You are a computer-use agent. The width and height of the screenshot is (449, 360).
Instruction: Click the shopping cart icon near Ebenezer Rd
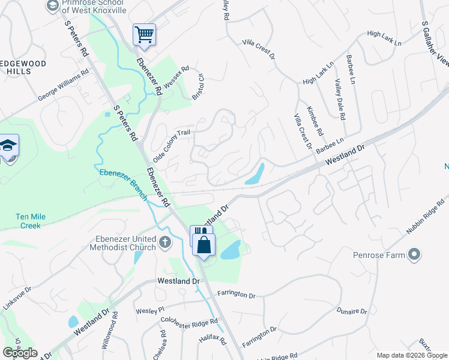[144, 34]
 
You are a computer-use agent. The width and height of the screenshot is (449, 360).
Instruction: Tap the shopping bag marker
[204, 244]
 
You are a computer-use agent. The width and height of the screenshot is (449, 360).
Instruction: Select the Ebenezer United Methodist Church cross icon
[165, 243]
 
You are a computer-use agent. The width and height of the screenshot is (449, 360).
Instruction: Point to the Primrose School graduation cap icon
[53, 5]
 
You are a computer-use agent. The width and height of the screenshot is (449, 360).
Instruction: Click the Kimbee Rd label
[315, 121]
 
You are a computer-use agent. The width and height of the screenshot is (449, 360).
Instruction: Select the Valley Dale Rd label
[340, 99]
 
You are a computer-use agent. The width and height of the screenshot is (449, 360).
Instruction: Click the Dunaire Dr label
[351, 311]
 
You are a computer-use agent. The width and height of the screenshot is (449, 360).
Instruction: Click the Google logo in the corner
[20, 353]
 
